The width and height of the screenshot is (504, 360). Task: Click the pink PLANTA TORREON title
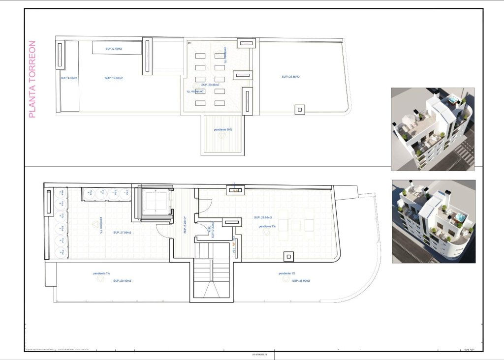click(32, 79)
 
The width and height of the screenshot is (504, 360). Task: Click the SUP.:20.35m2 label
click(210, 85)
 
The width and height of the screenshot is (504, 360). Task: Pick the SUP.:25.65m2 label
click(291, 77)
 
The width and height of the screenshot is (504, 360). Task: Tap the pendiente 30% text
click(223, 129)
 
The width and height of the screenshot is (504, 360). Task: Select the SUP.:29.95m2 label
click(263, 217)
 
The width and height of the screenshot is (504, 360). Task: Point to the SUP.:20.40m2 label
click(122, 281)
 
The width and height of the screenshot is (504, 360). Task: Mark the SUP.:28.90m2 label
click(301, 281)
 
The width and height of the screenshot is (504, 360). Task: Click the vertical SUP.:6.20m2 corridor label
click(185, 225)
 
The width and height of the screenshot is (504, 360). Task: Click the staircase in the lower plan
click(211, 278)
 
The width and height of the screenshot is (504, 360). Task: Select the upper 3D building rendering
click(433, 129)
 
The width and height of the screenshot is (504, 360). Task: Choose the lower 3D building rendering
click(434, 221)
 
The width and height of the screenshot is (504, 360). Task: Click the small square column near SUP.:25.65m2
click(300, 110)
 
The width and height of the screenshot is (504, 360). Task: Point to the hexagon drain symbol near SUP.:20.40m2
click(100, 279)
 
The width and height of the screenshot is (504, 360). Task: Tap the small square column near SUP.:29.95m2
click(288, 257)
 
